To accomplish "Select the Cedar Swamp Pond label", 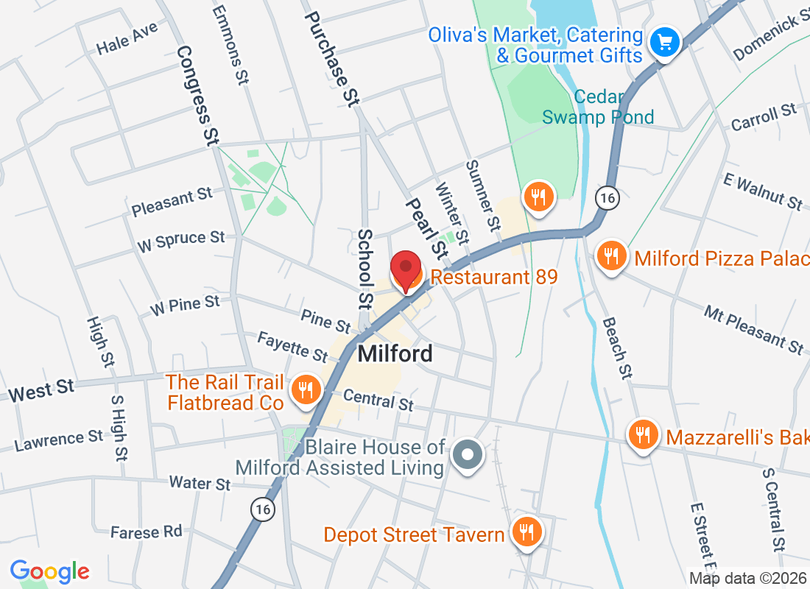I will (598, 107).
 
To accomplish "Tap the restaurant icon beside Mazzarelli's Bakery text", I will (643, 436).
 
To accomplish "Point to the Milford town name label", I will (395, 354).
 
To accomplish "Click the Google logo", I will (50, 571).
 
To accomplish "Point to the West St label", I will (41, 389).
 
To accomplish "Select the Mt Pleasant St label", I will (753, 329).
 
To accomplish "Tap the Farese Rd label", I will (146, 532).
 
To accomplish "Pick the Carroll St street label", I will (764, 118).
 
